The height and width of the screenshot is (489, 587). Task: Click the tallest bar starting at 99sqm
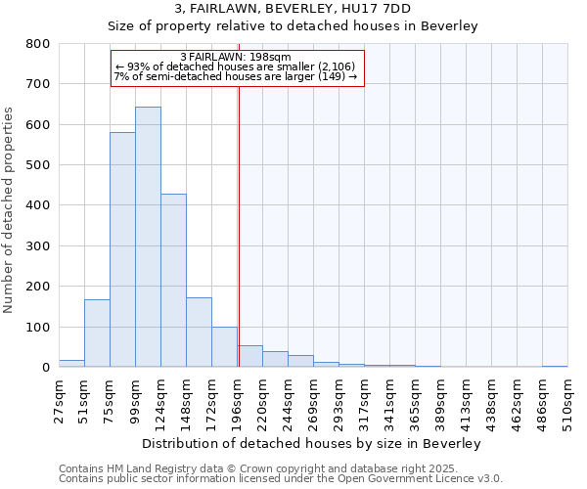click(x=148, y=237)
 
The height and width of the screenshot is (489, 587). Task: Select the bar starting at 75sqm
click(x=122, y=249)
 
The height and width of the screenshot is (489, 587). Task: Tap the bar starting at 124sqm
click(x=173, y=280)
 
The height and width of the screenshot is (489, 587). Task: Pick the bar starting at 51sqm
click(x=97, y=333)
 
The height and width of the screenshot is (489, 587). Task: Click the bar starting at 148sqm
click(x=199, y=332)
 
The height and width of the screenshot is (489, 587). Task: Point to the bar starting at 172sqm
click(x=224, y=346)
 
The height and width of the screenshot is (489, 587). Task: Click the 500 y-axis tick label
click(x=38, y=165)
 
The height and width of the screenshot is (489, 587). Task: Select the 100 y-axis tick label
click(x=38, y=327)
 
